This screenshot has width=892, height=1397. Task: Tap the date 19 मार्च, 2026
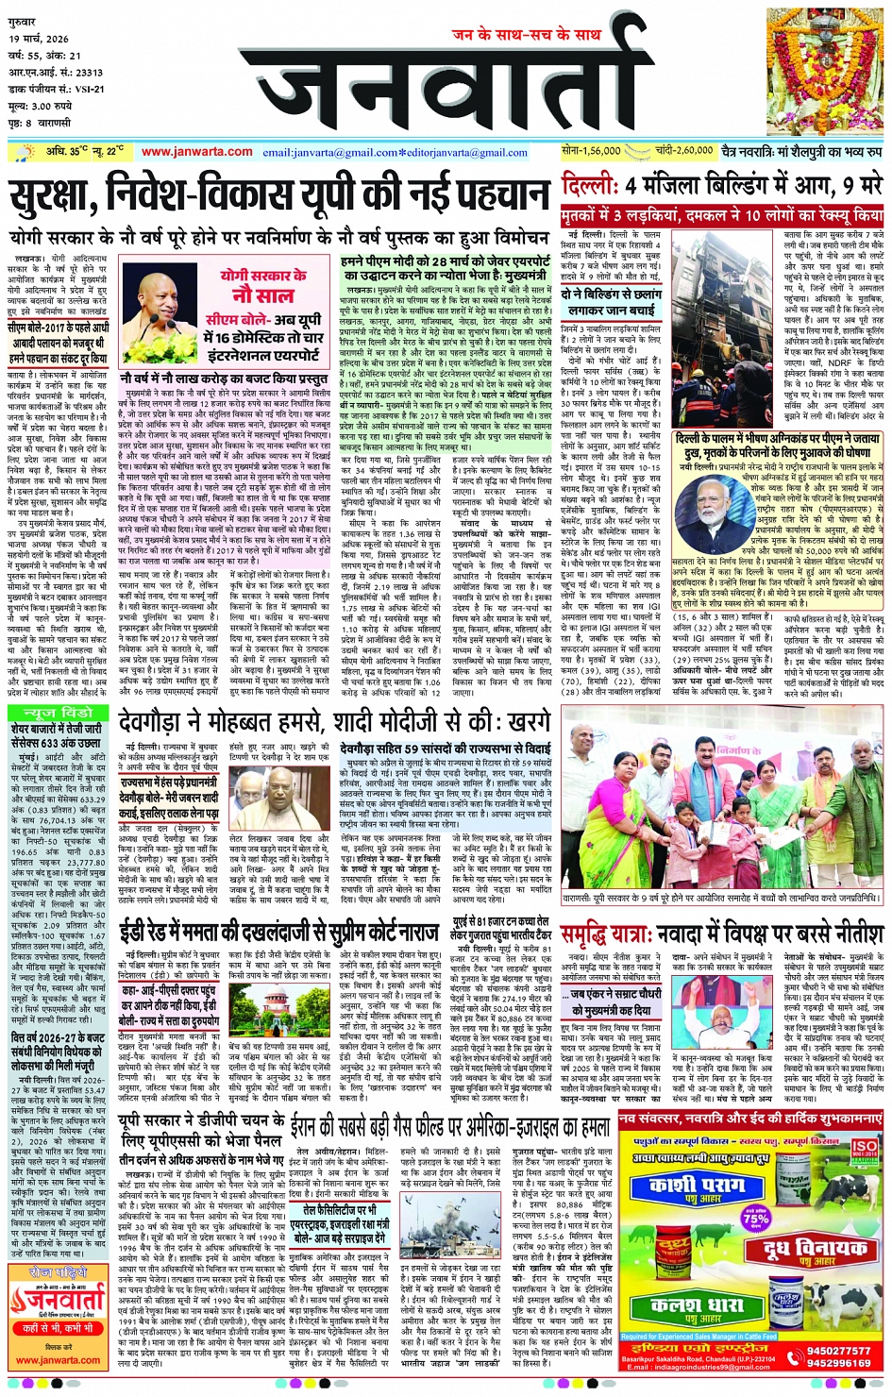tap(40, 39)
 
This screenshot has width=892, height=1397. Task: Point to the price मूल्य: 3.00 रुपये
tap(43, 107)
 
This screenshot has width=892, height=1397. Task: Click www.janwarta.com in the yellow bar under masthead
tap(197, 151)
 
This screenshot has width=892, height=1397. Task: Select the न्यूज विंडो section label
tap(59, 712)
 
